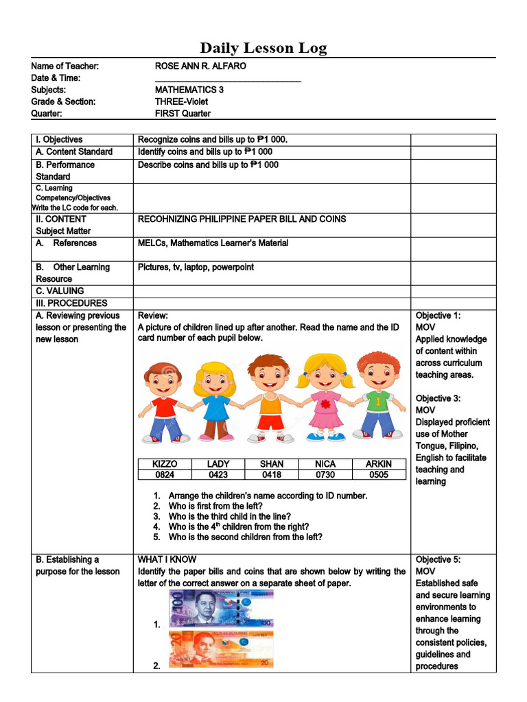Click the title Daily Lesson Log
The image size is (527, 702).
point(263,48)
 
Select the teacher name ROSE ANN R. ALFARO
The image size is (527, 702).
point(200,66)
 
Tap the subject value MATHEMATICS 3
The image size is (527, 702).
point(189,90)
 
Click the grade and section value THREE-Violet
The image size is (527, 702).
point(181,101)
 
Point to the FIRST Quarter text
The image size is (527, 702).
point(183,114)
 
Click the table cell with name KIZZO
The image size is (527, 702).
point(164,464)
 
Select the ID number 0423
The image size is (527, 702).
point(218,474)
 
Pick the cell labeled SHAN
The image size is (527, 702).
point(272,464)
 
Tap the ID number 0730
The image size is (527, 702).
point(325,474)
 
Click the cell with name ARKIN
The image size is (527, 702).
point(379,464)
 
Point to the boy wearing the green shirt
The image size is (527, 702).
point(377,395)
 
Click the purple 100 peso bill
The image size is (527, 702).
point(221,609)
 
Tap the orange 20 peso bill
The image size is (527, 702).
point(221,649)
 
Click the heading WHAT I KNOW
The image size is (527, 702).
point(167,559)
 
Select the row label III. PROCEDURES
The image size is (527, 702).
point(71,303)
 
